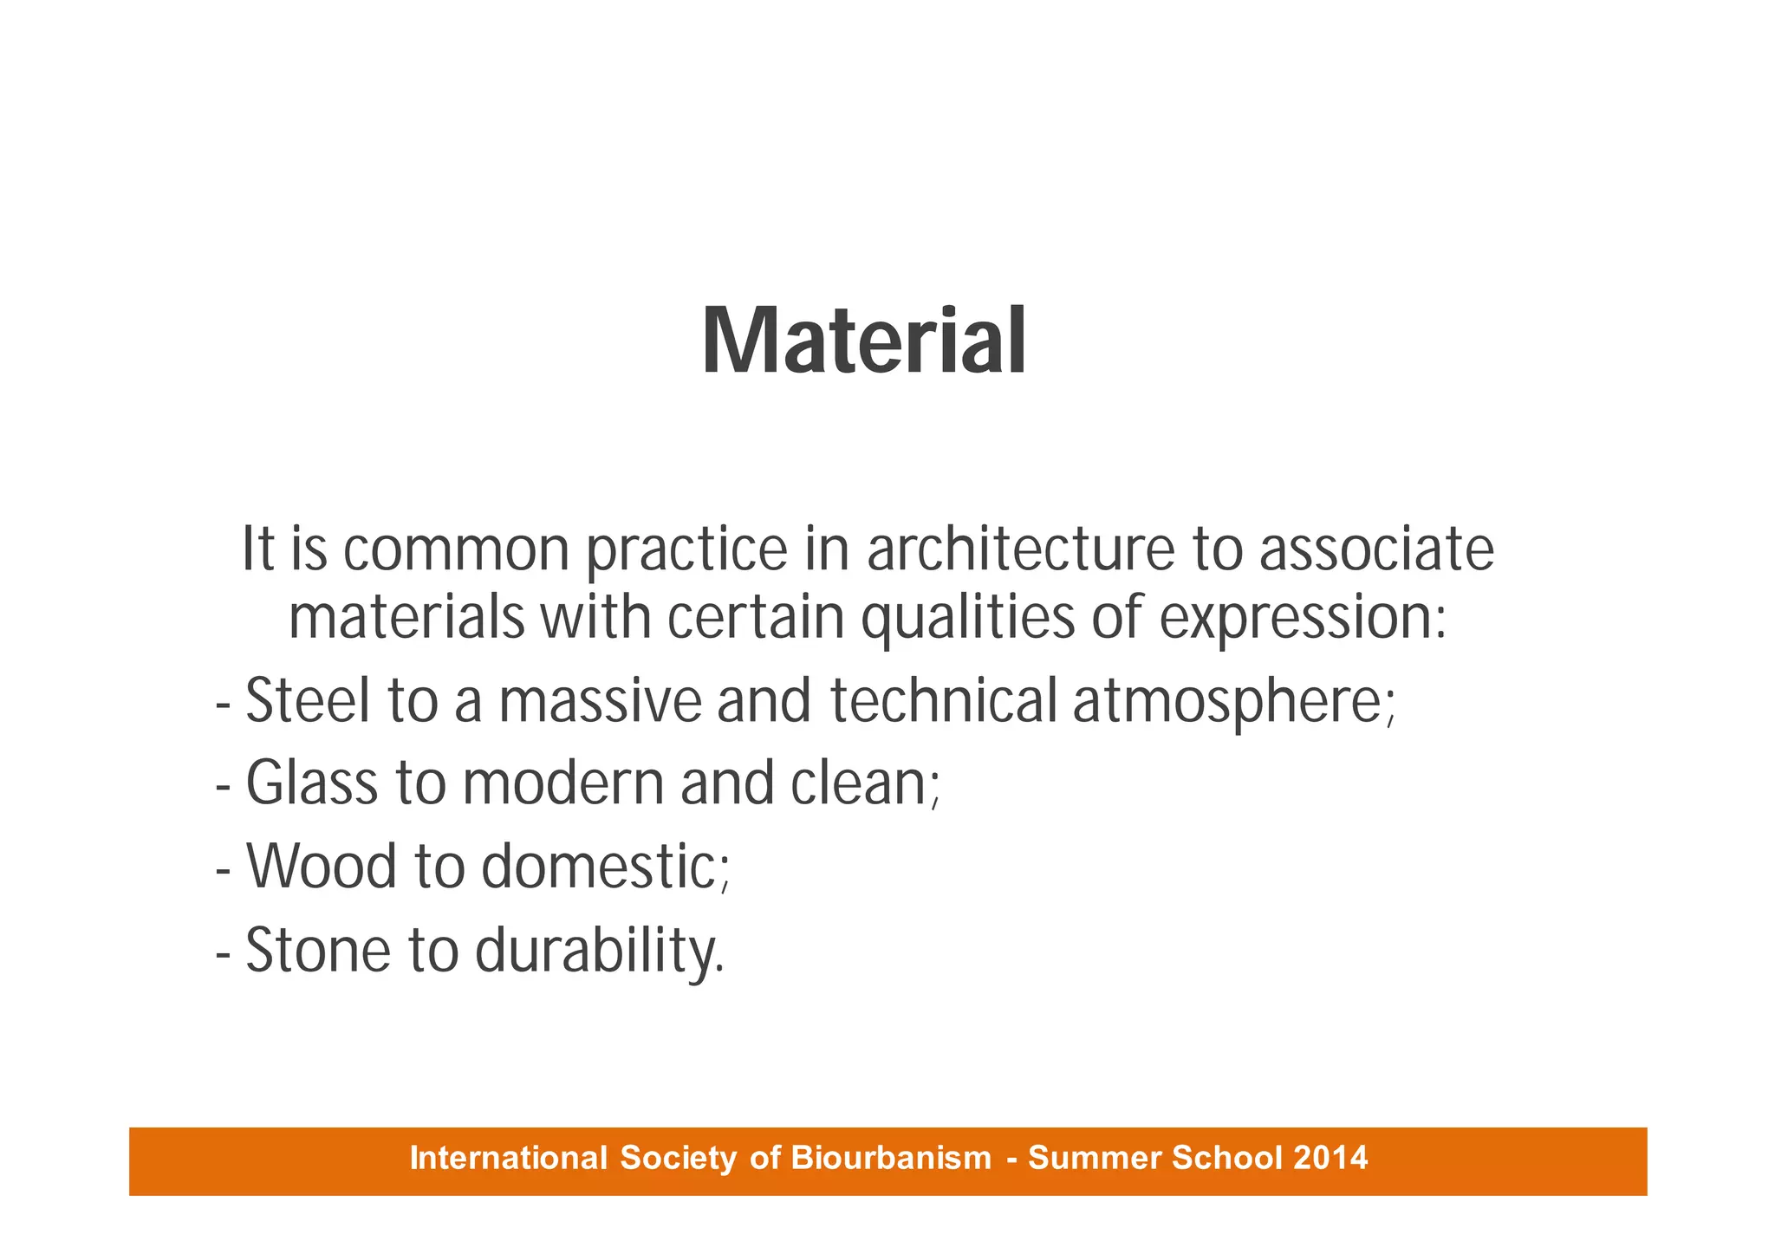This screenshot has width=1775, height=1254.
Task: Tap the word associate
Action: coord(1376,549)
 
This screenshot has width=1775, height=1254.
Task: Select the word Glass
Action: coord(312,783)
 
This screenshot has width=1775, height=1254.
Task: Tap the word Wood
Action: coord(321,867)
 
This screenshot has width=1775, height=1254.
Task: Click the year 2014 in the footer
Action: coord(1330,1158)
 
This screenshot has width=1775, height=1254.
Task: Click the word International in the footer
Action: coord(509,1158)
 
